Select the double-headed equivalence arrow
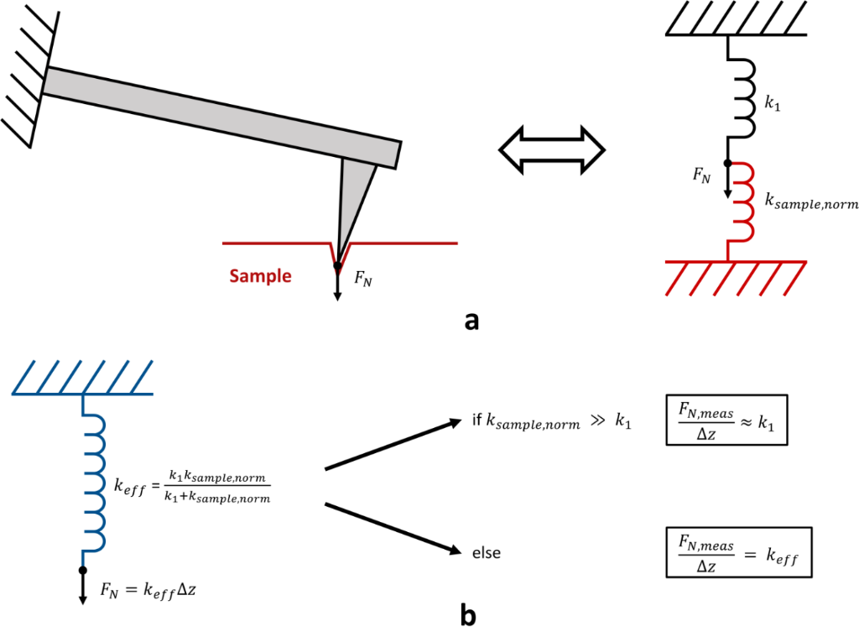tap(552, 151)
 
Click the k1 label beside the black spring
tap(773, 105)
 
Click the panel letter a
tap(471, 320)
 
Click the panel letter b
tap(469, 616)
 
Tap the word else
tap(487, 553)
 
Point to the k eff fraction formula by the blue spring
tap(190, 486)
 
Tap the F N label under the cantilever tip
tap(362, 281)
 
